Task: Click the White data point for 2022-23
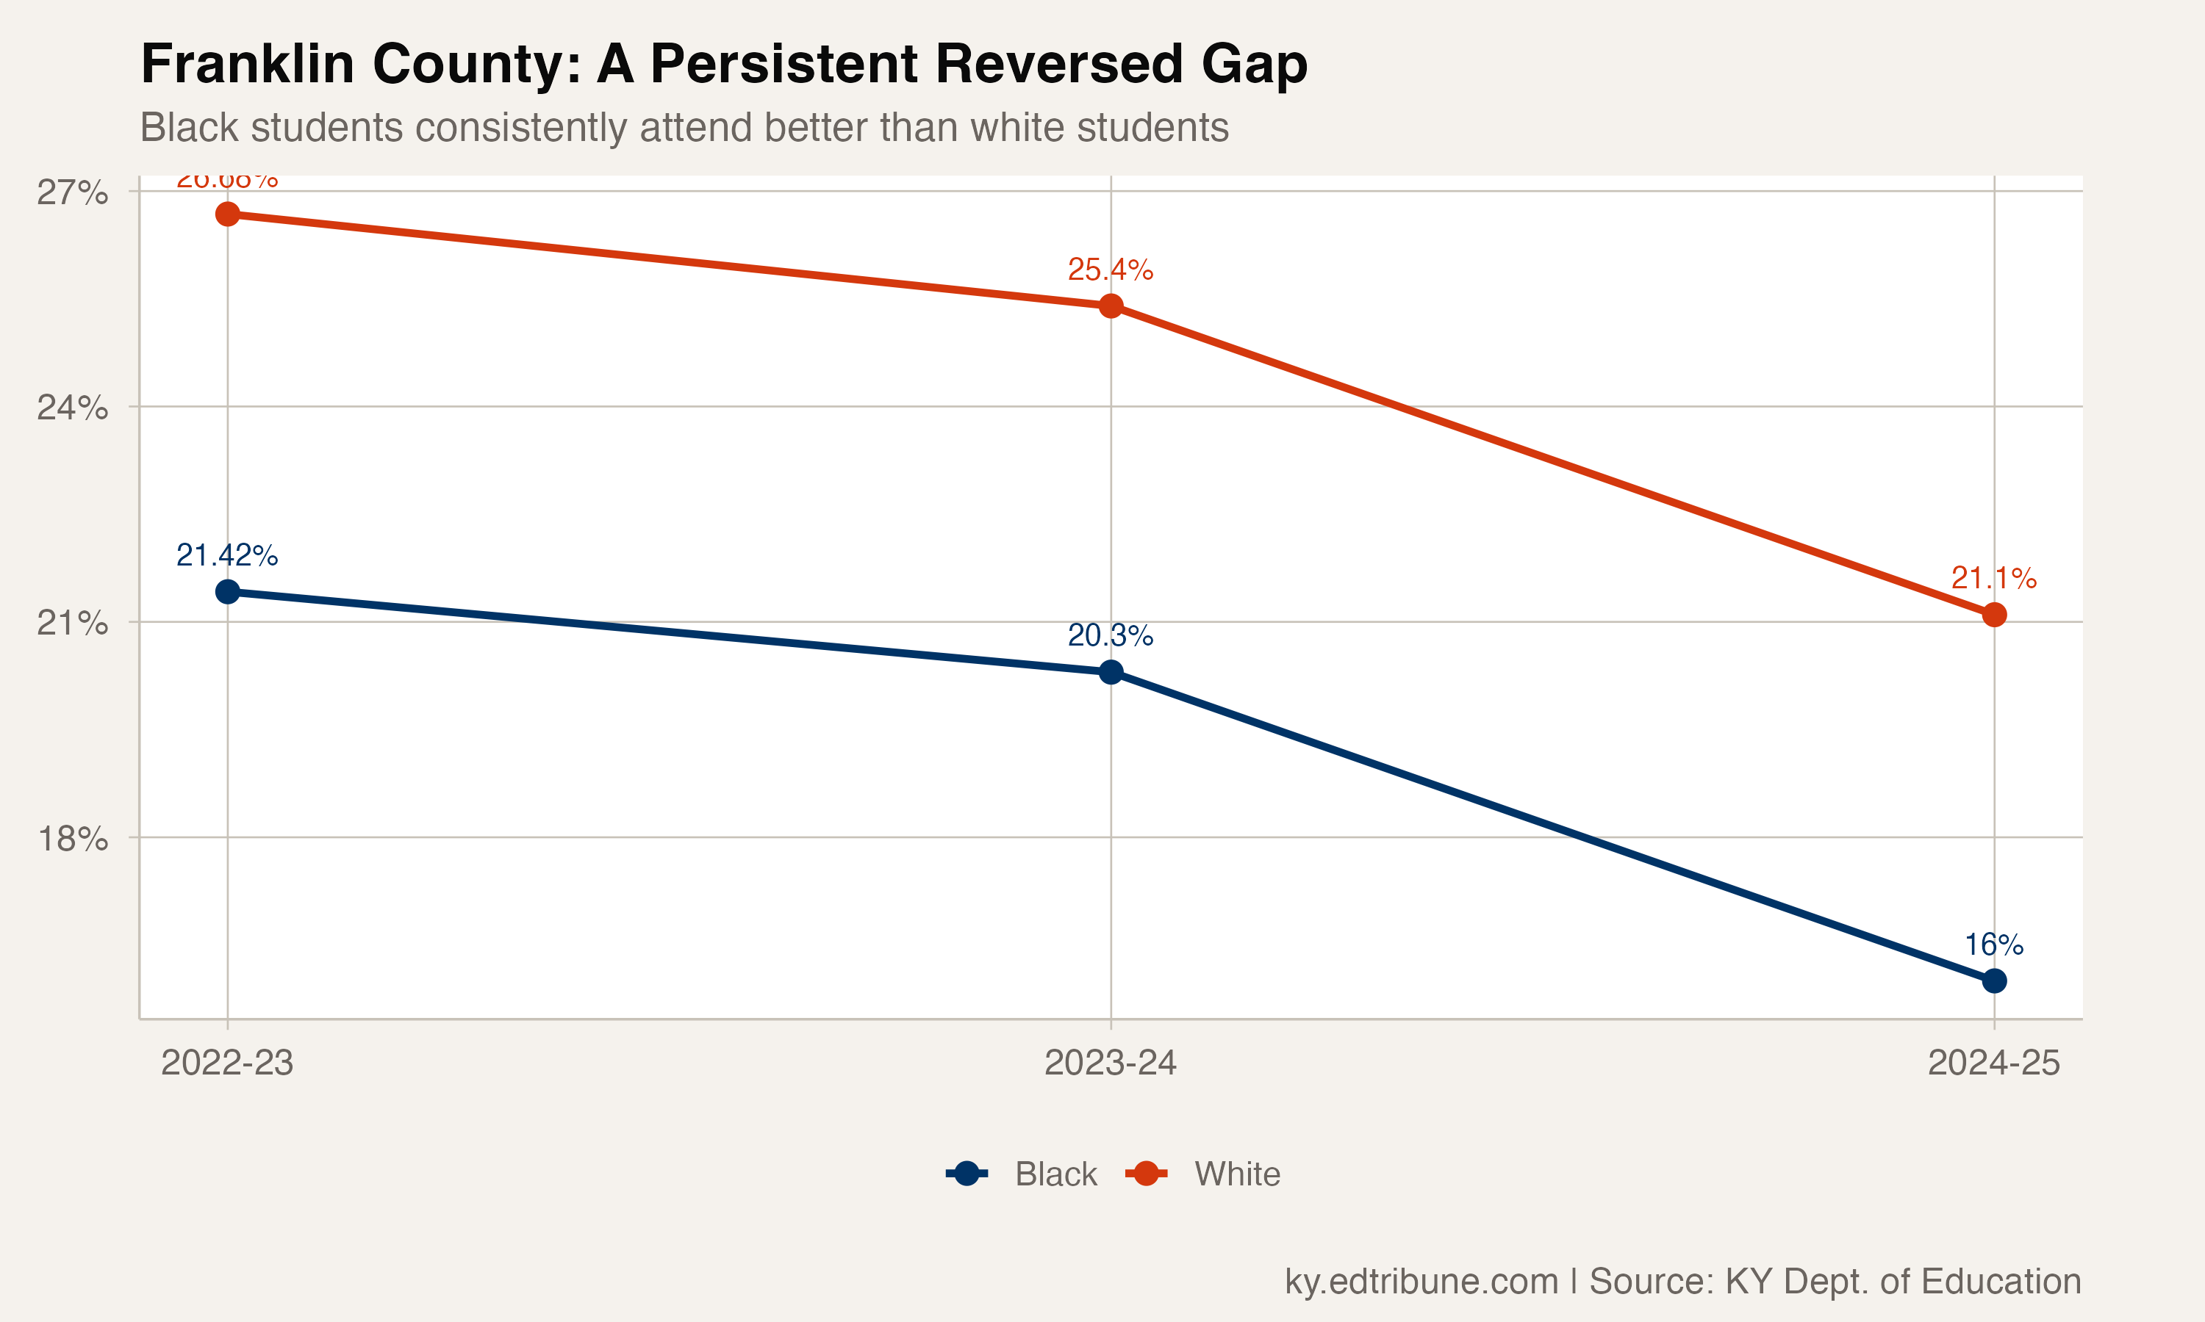tap(227, 214)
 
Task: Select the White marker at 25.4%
tap(1111, 306)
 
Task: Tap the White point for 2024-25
tap(1994, 615)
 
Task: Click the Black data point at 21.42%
tap(227, 591)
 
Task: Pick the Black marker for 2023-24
tap(1111, 672)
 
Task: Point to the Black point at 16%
tap(1994, 980)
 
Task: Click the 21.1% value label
tap(1994, 578)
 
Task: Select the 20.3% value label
tap(1111, 635)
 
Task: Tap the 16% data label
tap(1994, 944)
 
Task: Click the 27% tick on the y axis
tap(72, 192)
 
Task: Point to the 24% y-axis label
tap(72, 408)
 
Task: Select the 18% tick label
tap(72, 838)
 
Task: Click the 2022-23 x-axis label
tap(227, 1063)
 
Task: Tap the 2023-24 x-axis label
tap(1111, 1063)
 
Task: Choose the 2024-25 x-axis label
tap(1994, 1063)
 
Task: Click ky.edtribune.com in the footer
tap(1421, 1281)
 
